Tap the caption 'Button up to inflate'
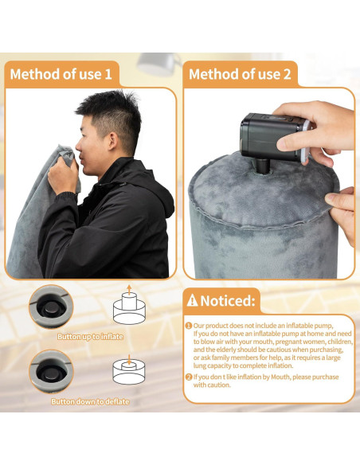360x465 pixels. point(89,337)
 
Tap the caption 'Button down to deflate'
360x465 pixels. point(89,402)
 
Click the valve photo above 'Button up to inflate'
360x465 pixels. point(53,306)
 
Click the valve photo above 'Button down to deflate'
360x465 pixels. point(53,371)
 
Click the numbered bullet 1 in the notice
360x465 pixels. point(188,326)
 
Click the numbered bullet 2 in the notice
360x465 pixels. point(188,377)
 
